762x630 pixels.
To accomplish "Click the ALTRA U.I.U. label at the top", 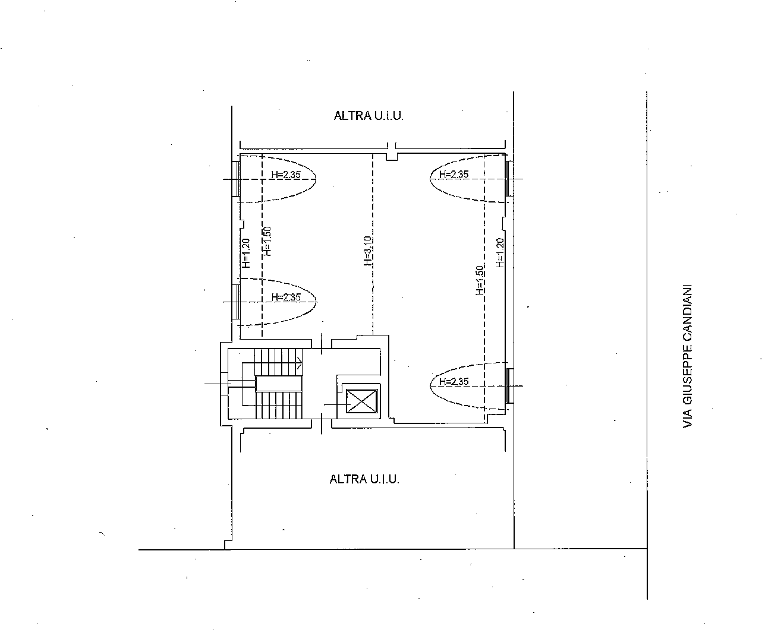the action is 369,116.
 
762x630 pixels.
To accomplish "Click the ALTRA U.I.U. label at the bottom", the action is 364,479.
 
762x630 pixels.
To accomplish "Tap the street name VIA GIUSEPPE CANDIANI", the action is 687,356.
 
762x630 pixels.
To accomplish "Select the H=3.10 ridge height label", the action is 368,251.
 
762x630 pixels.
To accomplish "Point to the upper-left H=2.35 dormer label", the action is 286,175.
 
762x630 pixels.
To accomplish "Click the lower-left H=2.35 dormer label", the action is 286,297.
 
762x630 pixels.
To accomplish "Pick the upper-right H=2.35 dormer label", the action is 454,174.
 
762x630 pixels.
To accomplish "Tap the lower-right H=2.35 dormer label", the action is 454,381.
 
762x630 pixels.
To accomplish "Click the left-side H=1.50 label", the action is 267,241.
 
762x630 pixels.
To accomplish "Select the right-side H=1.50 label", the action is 480,280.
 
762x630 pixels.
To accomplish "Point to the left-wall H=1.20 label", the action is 246,253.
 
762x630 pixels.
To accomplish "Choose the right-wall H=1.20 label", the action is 500,253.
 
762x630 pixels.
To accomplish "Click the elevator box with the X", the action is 361,401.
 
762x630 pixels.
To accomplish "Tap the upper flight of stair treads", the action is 279,362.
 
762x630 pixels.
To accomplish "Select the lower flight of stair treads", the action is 279,405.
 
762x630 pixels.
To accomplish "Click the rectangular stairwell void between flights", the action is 279,384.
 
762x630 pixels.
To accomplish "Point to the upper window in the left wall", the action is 236,179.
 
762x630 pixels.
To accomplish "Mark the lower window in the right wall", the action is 510,386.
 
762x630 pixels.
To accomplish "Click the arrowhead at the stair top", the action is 300,363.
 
